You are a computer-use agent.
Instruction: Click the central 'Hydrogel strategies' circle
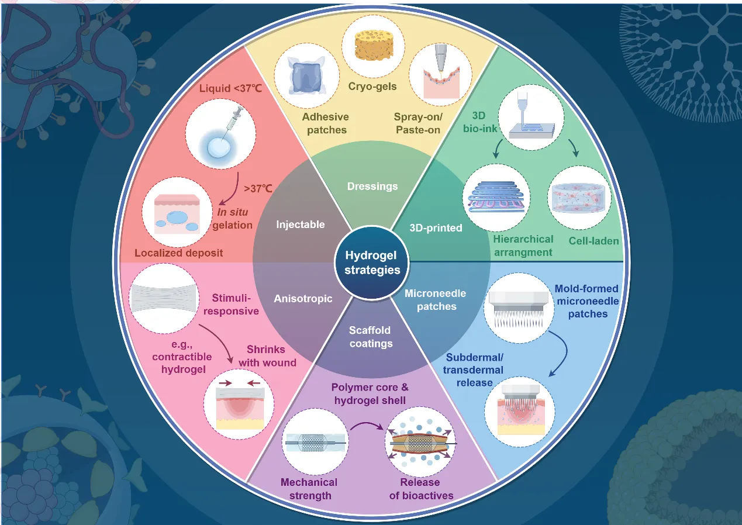point(372,262)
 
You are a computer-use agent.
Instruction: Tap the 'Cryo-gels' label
point(377,87)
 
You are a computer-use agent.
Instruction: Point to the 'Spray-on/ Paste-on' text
point(417,123)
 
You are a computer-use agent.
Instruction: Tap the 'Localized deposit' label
point(178,253)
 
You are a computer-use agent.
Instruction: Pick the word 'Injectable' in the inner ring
point(301,224)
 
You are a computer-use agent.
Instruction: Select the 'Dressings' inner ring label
point(372,186)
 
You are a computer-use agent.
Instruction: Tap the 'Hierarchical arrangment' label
point(523,246)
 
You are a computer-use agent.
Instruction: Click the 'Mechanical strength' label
point(309,489)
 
